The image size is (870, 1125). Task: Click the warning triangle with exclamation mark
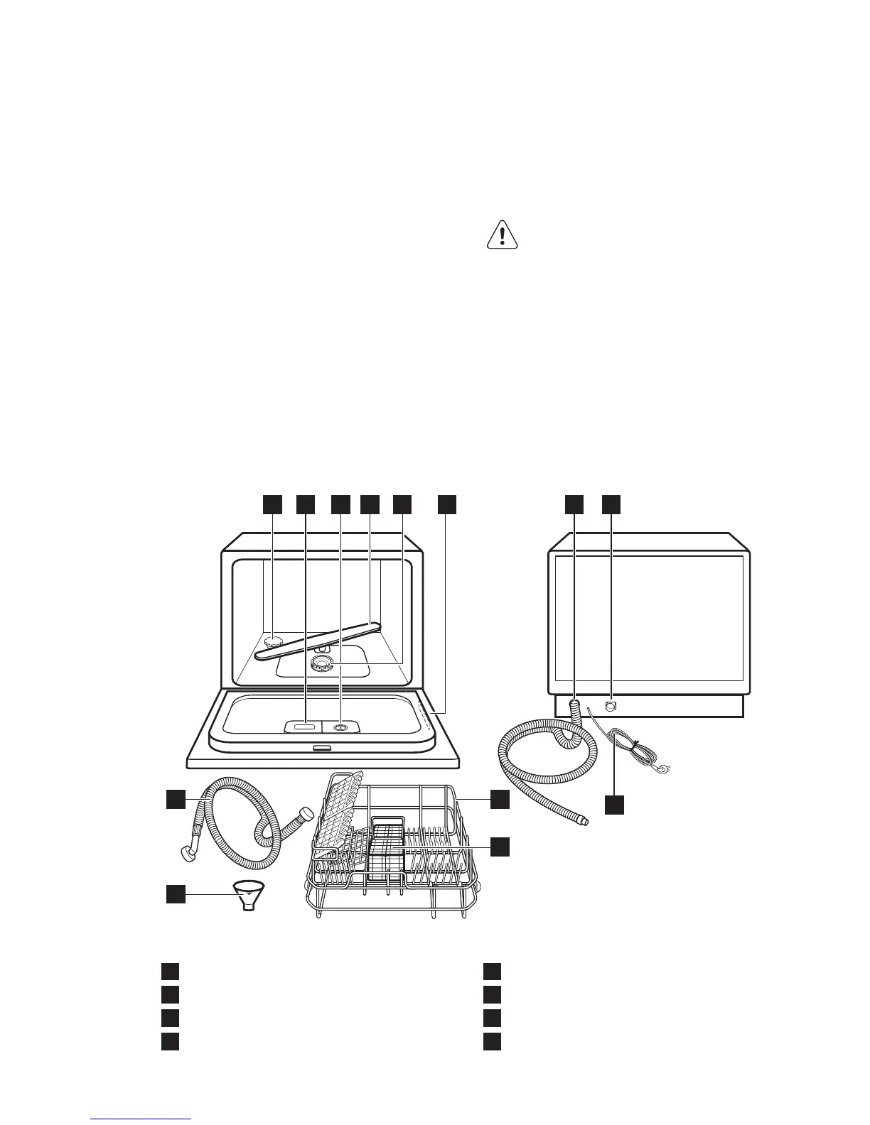click(503, 234)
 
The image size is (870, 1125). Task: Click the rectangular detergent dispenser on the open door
click(303, 726)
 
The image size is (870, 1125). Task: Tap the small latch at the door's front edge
click(321, 747)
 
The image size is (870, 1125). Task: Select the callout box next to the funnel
click(176, 893)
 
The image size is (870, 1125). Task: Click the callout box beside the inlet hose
click(176, 798)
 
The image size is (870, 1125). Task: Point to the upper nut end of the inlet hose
click(306, 814)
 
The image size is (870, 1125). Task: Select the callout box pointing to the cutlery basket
click(500, 846)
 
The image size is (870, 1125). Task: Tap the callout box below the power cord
click(615, 805)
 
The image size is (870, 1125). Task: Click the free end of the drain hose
click(583, 822)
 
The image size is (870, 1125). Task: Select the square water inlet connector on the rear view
click(610, 706)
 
